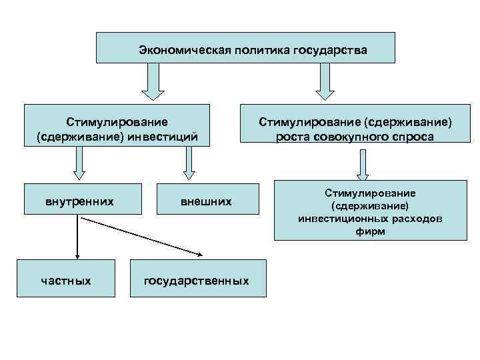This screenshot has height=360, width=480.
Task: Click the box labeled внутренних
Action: pyautogui.click(x=79, y=200)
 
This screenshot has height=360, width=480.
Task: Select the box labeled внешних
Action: pyautogui.click(x=207, y=200)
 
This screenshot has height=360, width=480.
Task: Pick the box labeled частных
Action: pyautogui.click(x=66, y=281)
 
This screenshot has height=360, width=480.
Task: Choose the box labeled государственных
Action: pyautogui.click(x=197, y=281)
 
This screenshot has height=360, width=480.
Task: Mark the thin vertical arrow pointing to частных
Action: pyautogui.click(x=78, y=237)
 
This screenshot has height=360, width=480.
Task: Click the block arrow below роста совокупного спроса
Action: pyautogui.click(x=363, y=164)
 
